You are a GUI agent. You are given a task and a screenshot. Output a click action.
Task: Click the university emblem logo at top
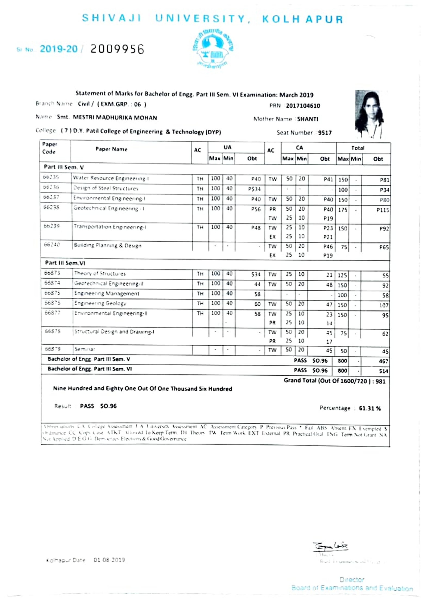click(x=213, y=49)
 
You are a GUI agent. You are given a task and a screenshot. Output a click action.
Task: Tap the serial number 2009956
click(x=117, y=49)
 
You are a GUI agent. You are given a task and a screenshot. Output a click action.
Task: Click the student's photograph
click(x=370, y=114)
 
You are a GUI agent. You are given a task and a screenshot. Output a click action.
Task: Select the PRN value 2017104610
click(x=303, y=106)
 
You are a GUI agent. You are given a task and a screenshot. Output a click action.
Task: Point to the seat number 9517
click(x=325, y=133)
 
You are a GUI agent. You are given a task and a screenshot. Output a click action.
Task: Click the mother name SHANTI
click(x=308, y=119)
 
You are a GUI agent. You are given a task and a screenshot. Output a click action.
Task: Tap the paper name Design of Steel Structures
click(x=106, y=188)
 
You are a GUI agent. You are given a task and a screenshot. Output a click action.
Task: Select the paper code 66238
click(x=51, y=208)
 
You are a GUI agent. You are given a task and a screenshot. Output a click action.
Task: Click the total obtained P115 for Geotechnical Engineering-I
click(x=383, y=210)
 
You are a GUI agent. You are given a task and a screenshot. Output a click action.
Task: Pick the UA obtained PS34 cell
click(x=254, y=189)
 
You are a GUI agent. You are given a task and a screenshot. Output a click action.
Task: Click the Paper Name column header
click(x=111, y=149)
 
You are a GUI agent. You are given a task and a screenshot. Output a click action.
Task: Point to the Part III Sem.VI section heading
click(x=65, y=263)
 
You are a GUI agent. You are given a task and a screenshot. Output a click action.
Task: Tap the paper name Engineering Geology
click(x=100, y=303)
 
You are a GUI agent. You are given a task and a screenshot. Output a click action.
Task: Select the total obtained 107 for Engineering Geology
click(x=384, y=305)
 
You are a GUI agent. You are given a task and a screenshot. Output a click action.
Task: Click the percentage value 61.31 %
click(x=370, y=409)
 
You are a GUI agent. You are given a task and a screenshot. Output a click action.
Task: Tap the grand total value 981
click(x=380, y=381)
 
